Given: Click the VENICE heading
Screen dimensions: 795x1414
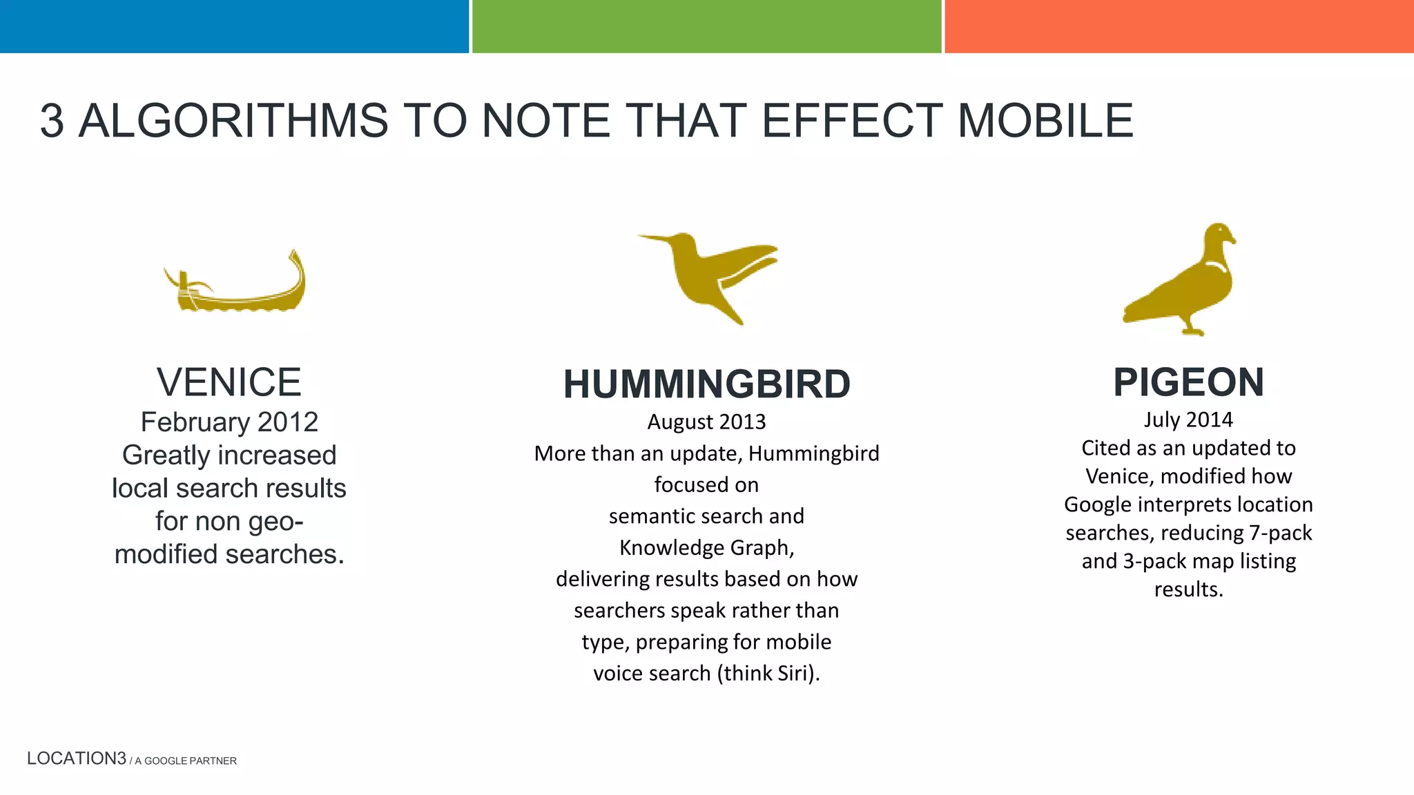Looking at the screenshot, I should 229,382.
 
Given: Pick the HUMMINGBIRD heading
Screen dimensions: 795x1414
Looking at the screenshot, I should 706,384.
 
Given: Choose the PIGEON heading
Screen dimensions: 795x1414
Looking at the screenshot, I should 1188,382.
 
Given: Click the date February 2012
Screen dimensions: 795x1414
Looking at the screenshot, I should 229,422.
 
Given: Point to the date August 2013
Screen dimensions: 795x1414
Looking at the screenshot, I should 706,422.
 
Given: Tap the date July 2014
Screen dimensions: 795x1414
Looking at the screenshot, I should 1188,420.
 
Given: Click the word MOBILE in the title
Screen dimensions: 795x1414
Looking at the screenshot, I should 1045,121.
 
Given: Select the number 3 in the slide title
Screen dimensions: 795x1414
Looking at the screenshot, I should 52,121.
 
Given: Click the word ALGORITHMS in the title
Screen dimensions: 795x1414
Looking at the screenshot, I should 234,121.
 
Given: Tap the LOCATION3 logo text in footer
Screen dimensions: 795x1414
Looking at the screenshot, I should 77,758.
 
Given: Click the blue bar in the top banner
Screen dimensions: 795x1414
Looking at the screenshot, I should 234,26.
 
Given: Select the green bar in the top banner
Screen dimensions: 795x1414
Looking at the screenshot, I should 706,26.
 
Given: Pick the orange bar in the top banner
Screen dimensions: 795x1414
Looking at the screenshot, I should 1179,26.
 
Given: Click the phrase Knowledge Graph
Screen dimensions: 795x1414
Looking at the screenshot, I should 706,547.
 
